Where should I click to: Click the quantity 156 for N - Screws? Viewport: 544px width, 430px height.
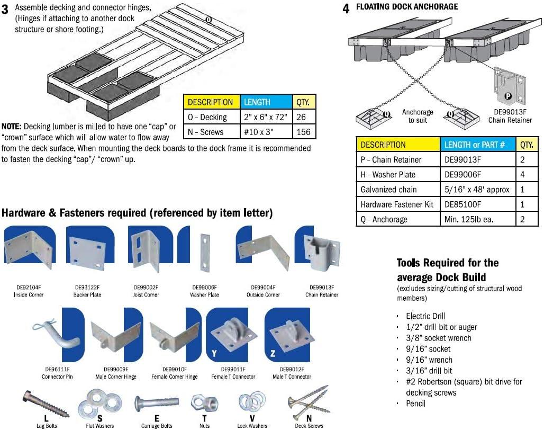[x=304, y=132]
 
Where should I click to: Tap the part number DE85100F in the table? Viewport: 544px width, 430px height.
[x=462, y=204]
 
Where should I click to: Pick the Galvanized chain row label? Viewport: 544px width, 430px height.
[x=388, y=189]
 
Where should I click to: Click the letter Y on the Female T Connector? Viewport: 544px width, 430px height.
[x=214, y=353]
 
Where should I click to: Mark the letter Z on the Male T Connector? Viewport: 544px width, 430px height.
[x=273, y=353]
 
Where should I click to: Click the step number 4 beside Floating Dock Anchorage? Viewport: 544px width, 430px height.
[x=346, y=9]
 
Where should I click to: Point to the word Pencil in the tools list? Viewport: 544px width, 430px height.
[x=415, y=404]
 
